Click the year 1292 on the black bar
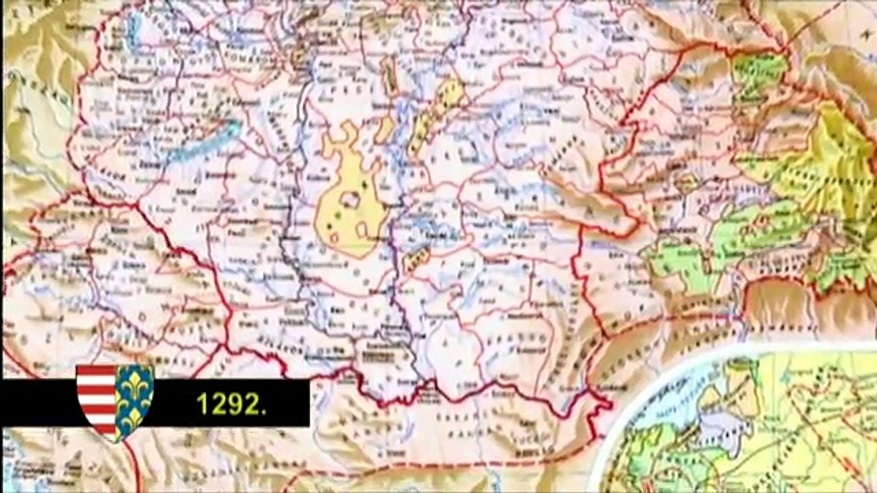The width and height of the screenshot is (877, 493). click(231, 404)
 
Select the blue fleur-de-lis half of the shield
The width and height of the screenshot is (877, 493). click(134, 401)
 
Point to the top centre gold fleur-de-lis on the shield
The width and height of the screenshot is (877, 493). click(135, 375)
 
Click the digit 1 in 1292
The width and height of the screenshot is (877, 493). click(202, 404)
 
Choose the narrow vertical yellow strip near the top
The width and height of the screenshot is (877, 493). click(388, 75)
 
